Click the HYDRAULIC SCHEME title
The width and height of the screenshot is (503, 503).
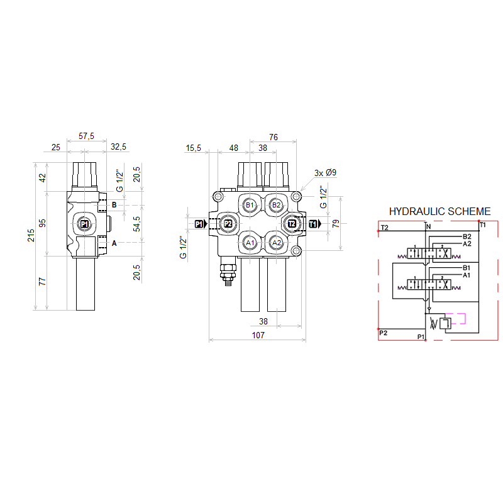tap(439, 211)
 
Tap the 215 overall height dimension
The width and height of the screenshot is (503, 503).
tap(31, 235)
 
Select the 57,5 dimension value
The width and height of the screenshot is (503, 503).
tap(86, 136)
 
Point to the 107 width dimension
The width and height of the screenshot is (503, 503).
tap(258, 335)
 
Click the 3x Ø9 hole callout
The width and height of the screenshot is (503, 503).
tap(325, 172)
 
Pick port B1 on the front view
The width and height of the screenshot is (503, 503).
tap(250, 206)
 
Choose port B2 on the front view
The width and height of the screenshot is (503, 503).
tap(276, 206)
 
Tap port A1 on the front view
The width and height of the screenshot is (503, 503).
tap(250, 243)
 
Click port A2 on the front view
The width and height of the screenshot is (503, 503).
tap(277, 243)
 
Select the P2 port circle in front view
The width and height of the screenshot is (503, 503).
tap(228, 224)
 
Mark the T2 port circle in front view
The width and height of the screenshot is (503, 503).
tap(292, 224)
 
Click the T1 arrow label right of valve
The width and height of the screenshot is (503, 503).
tap(315, 224)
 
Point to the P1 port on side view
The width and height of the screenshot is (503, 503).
tap(84, 224)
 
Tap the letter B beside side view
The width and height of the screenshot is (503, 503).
tap(114, 205)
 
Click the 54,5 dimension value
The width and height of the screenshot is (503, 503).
tap(136, 224)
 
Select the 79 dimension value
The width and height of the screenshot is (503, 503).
tap(336, 224)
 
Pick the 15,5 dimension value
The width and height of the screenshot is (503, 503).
tap(193, 148)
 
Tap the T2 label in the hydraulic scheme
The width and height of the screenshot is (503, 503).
tap(384, 228)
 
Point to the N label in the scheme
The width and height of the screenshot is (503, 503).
tap(429, 227)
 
